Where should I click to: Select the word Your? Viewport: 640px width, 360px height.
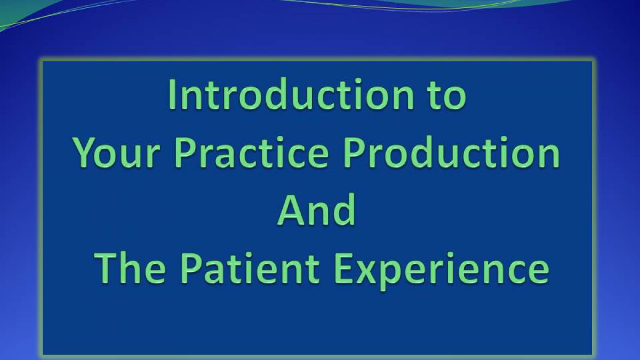116,153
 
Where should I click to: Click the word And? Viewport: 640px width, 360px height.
317,210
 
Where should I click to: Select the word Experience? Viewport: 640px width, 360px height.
442,270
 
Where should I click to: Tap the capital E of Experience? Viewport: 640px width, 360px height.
343,269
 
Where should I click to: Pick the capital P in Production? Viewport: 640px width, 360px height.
354,153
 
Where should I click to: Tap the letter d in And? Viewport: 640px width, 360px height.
345,210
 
